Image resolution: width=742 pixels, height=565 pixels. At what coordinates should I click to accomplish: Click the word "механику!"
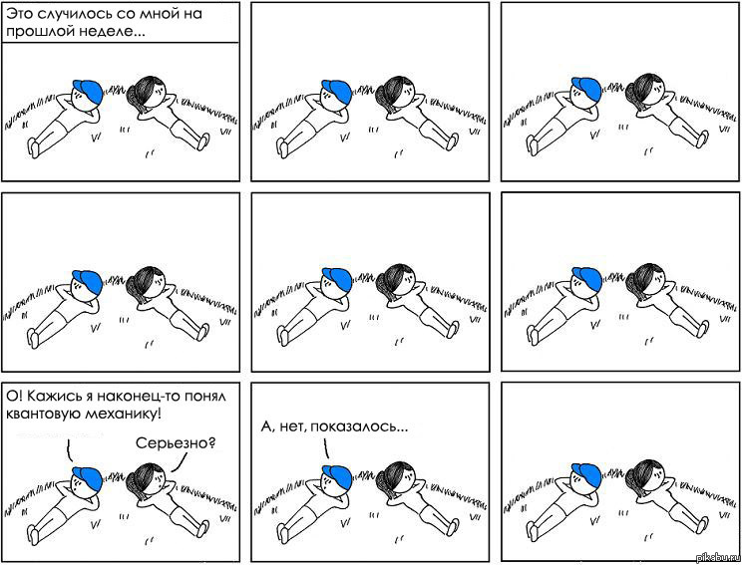[x=123, y=415]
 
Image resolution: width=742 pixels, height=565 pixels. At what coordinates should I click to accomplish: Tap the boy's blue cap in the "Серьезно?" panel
[x=89, y=477]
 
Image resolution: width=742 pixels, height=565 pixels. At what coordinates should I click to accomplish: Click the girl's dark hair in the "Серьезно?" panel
[x=145, y=478]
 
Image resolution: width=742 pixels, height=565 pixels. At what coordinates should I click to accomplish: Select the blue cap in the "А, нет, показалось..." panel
[x=338, y=476]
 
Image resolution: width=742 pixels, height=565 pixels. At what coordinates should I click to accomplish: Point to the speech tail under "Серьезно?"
[x=179, y=462]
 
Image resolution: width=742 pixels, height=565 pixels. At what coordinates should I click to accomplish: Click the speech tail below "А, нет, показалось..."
[x=326, y=447]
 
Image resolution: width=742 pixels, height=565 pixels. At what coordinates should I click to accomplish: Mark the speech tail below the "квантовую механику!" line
[x=69, y=450]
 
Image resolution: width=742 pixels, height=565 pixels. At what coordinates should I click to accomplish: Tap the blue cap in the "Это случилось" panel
[x=89, y=91]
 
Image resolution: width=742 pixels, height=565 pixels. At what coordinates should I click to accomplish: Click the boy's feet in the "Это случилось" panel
[x=34, y=147]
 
